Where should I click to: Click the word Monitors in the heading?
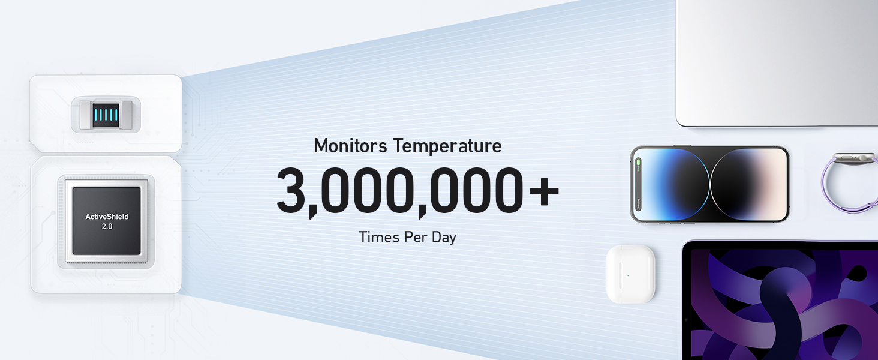pyautogui.click(x=350, y=146)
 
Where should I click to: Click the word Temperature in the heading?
pyautogui.click(x=447, y=146)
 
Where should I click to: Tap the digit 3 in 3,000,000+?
pyautogui.click(x=291, y=190)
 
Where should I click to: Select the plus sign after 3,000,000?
pyautogui.click(x=544, y=191)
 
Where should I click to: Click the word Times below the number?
pyautogui.click(x=377, y=237)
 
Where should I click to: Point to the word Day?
pyautogui.click(x=444, y=238)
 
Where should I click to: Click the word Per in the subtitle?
pyautogui.click(x=413, y=237)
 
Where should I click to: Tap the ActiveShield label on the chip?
pyautogui.click(x=107, y=217)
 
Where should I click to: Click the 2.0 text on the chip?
pyautogui.click(x=107, y=227)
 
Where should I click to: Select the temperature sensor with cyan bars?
pyautogui.click(x=106, y=115)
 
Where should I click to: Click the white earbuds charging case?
pyautogui.click(x=630, y=274)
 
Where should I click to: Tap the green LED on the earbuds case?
pyautogui.click(x=628, y=275)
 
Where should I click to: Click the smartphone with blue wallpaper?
pyautogui.click(x=710, y=184)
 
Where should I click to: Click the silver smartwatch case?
pyautogui.click(x=855, y=158)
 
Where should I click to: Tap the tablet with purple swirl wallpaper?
pyautogui.click(x=780, y=301)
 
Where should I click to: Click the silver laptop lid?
pyautogui.click(x=777, y=63)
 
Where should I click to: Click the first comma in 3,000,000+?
pyautogui.click(x=313, y=212)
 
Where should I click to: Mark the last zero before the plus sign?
pyautogui.click(x=509, y=190)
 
